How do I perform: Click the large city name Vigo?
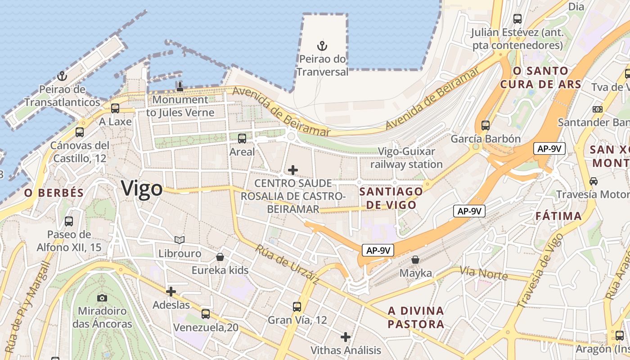click(142, 188)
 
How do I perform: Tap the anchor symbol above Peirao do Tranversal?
click(322, 45)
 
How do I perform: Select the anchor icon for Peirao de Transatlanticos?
click(62, 76)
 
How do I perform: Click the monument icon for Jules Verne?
click(180, 86)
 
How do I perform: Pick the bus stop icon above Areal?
click(242, 138)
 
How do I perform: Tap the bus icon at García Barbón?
click(485, 126)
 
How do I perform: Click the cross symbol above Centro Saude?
click(293, 170)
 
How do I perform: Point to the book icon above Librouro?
click(180, 240)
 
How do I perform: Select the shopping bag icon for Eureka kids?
click(220, 257)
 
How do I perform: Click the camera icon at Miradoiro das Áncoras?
click(102, 297)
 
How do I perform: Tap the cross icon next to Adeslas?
click(171, 292)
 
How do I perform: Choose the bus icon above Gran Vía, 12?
click(297, 306)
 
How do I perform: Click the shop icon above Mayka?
click(415, 260)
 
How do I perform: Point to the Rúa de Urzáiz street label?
click(287, 264)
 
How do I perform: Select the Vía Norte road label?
click(483, 273)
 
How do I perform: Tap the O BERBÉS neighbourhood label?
click(54, 193)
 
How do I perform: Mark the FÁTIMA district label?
click(558, 216)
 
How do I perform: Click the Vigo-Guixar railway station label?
click(406, 158)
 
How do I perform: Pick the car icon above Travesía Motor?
click(594, 181)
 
